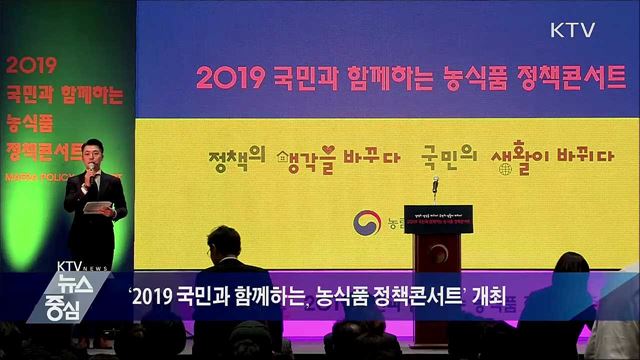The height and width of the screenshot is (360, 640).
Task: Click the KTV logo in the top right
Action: tap(573, 29)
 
